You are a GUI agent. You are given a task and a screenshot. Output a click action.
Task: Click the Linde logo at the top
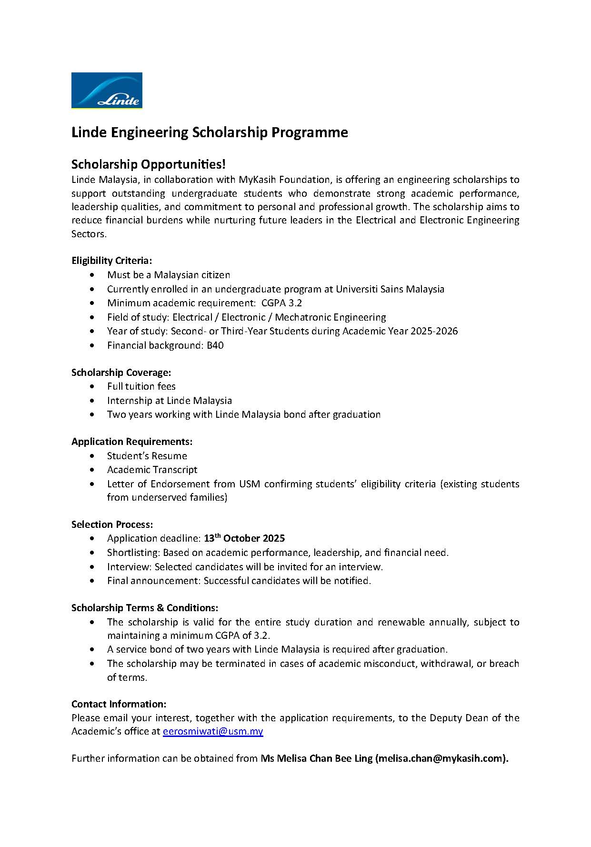click(x=107, y=91)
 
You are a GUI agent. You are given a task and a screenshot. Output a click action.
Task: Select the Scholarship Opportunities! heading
click(x=148, y=164)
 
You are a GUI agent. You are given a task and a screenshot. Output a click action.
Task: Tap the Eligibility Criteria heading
click(x=111, y=261)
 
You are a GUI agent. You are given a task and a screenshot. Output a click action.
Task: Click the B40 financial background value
click(x=215, y=345)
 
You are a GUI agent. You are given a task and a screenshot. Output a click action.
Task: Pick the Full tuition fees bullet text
click(x=141, y=386)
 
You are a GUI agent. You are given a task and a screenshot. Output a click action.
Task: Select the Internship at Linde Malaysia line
click(x=169, y=401)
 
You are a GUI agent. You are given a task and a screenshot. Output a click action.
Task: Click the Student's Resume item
click(x=147, y=456)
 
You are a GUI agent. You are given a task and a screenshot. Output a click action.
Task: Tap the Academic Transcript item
click(x=152, y=470)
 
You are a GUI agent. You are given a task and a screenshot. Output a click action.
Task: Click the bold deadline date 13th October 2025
click(x=244, y=538)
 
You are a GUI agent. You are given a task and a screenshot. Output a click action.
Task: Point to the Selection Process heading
click(x=112, y=524)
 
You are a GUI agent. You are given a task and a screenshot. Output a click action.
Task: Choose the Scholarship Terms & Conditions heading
click(x=145, y=608)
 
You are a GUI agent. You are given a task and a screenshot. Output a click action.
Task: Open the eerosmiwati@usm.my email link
click(x=213, y=731)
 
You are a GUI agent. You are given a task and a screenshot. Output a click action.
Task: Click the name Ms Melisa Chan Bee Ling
click(x=316, y=758)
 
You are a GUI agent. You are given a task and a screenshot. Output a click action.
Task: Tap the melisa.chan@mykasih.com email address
click(x=441, y=758)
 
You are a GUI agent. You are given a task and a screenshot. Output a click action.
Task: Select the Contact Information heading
click(x=119, y=704)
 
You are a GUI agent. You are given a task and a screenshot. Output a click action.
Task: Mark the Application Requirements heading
click(x=132, y=442)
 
